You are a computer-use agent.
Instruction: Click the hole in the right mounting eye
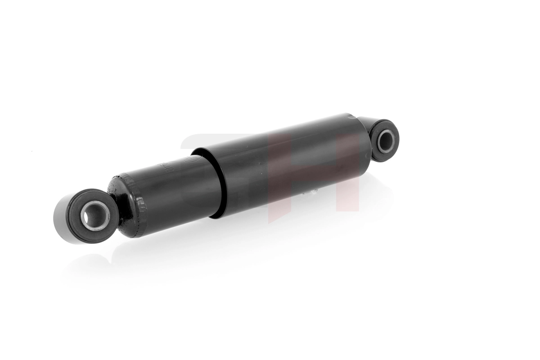coord(386,141)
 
